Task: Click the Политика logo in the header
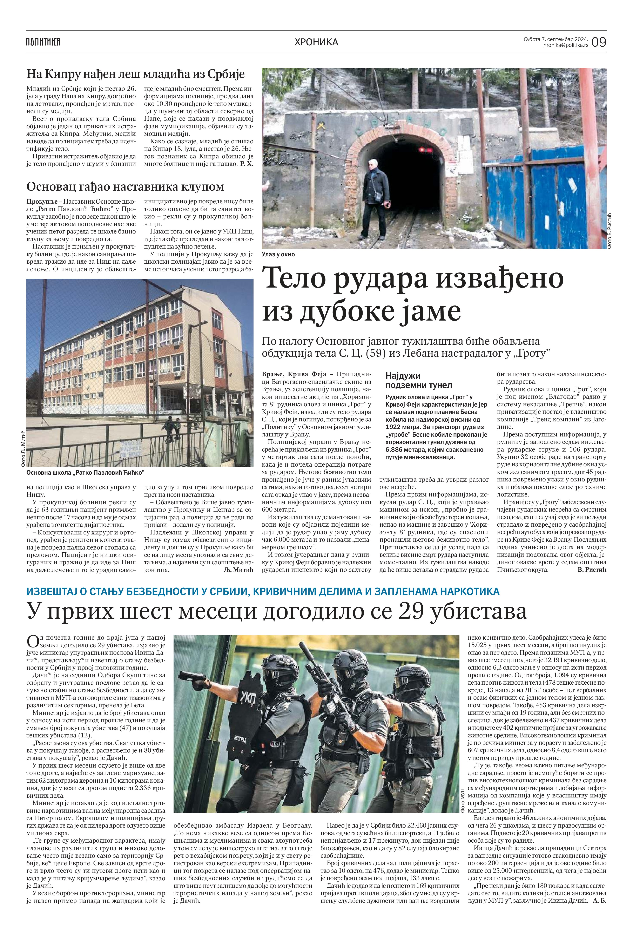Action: click(43, 41)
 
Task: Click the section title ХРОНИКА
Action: click(316, 42)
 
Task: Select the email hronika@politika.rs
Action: click(566, 45)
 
